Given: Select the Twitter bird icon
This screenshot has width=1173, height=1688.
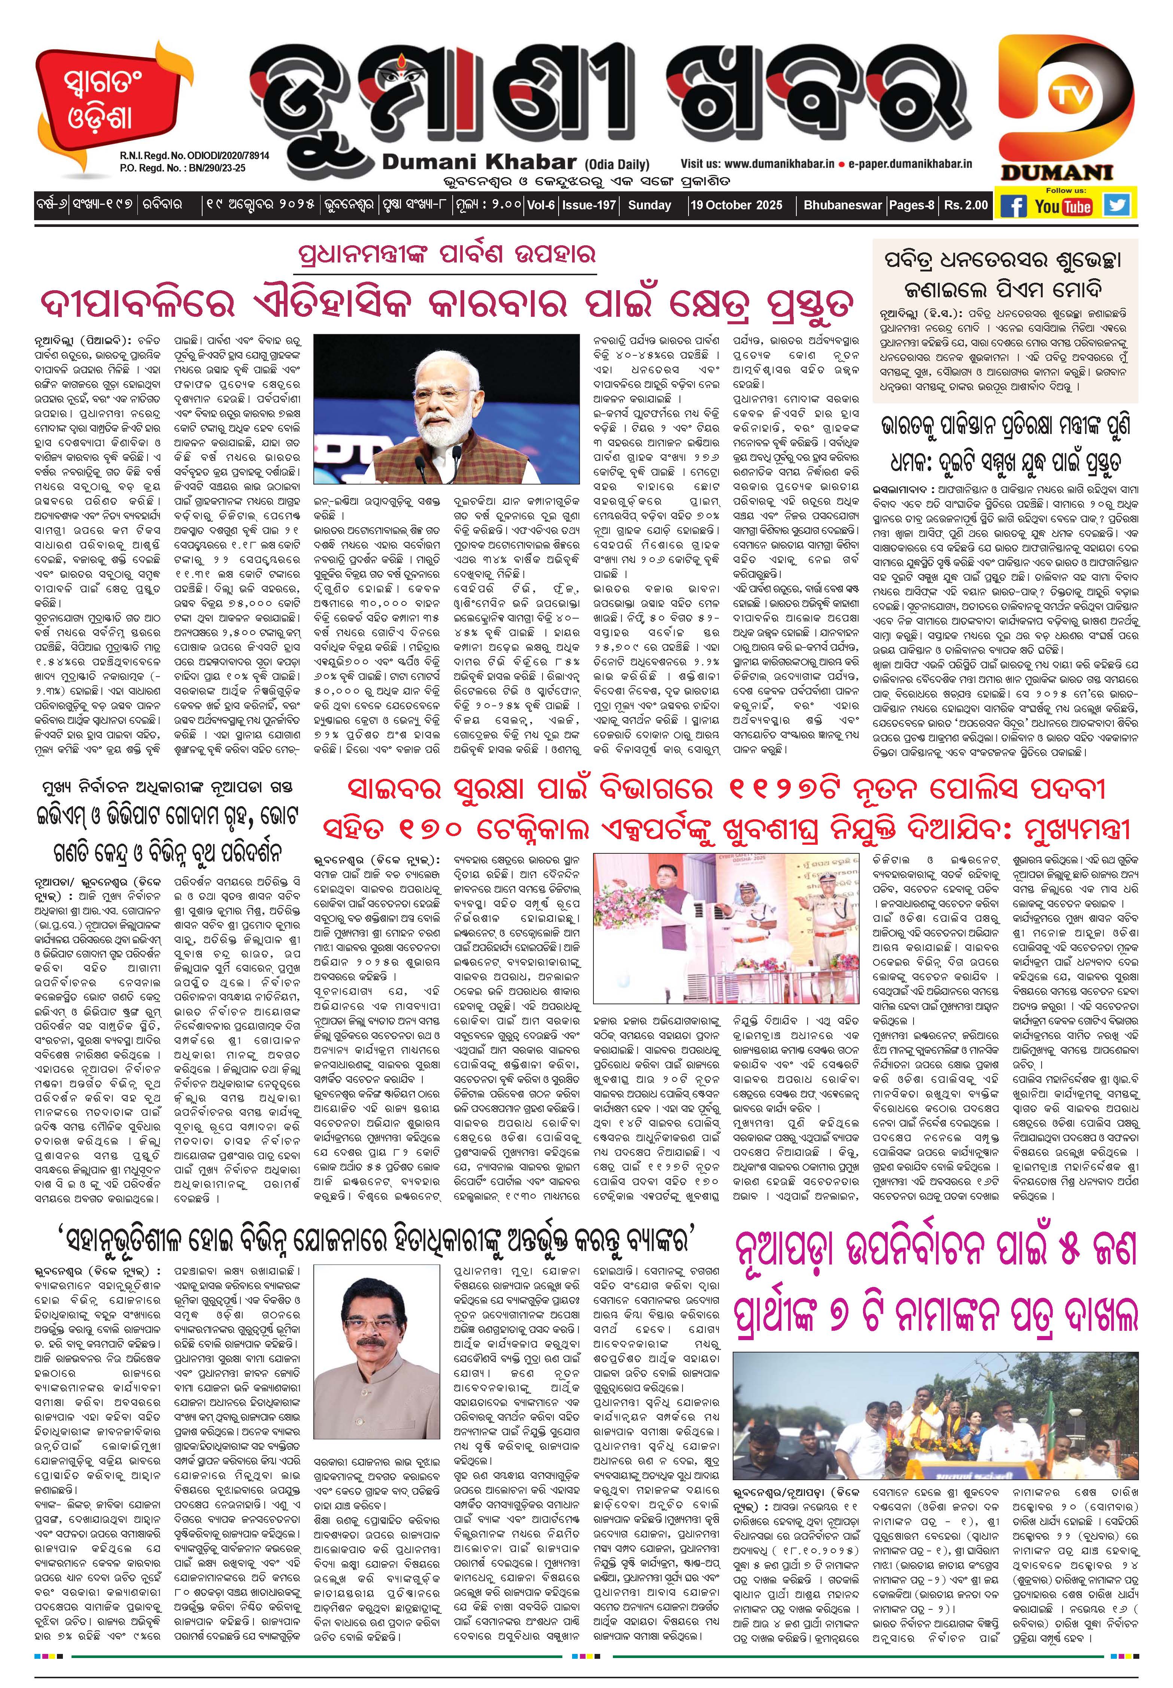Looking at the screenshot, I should (x=1118, y=204).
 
